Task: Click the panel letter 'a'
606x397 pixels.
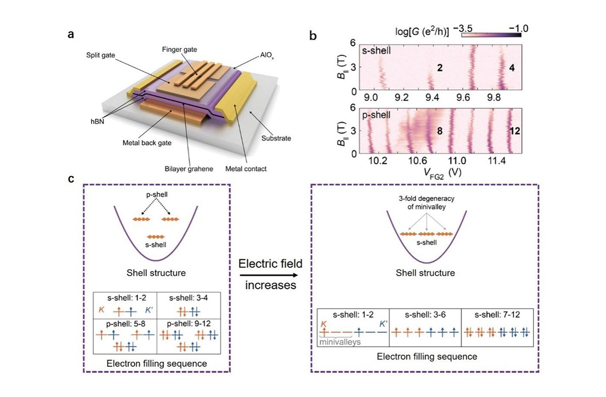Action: [x=71, y=35]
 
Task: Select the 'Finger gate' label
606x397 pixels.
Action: [x=179, y=50]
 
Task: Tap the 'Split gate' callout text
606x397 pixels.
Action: [x=100, y=55]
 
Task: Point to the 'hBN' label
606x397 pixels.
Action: [x=97, y=121]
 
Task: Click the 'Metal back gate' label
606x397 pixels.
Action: [x=147, y=143]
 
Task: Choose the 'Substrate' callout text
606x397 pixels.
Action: [x=276, y=138]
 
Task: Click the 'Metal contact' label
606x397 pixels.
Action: [x=246, y=169]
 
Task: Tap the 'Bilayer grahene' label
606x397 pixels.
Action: [x=189, y=169]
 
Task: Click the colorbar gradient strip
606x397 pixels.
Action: [x=491, y=35]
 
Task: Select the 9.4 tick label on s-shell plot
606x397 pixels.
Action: [x=432, y=97]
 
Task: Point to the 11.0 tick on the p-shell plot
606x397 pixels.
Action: [x=457, y=161]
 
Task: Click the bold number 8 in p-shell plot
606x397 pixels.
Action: [x=440, y=131]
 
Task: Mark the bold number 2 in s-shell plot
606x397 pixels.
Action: [x=440, y=68]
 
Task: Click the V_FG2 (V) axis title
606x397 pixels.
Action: [x=442, y=173]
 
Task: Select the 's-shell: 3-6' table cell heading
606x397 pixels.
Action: [x=425, y=315]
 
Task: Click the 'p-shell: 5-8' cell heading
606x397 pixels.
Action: [x=125, y=324]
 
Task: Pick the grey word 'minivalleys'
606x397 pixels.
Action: [x=340, y=342]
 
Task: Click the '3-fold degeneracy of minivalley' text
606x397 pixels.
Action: [x=427, y=203]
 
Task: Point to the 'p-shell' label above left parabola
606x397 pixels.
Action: [x=157, y=195]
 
